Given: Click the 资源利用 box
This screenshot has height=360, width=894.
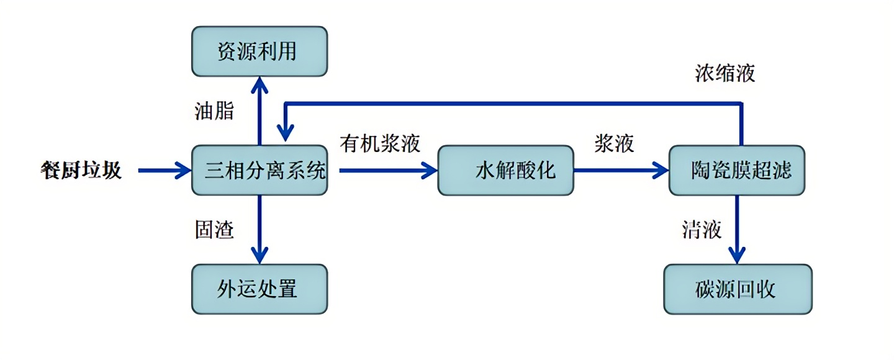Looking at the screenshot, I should point(259,51).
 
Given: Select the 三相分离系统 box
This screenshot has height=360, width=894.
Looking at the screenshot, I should point(259,170).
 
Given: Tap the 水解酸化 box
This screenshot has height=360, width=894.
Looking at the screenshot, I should point(505,170).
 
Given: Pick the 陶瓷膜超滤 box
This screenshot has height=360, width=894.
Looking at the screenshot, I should point(736,170).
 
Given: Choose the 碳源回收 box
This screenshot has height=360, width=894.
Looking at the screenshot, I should point(738,289).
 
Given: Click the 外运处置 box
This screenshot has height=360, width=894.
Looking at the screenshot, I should point(259,289).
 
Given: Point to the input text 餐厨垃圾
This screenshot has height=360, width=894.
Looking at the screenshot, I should point(81,170).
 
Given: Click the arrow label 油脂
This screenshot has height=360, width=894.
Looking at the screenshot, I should point(214,111).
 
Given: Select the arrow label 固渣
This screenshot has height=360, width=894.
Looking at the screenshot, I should point(214,230).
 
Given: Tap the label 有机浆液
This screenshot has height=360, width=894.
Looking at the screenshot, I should point(380,143).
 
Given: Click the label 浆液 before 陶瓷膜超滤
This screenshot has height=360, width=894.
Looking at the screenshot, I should point(614,143).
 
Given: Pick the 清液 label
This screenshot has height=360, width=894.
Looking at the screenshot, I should point(702,230).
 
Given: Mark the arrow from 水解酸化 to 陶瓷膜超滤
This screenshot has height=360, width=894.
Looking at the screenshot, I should point(621,169).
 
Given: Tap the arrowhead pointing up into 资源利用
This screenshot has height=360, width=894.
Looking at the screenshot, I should point(260,84).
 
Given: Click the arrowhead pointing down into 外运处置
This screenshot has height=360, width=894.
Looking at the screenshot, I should point(260,254).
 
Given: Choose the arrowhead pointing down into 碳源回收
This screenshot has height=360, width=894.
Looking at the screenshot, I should point(737,254).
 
